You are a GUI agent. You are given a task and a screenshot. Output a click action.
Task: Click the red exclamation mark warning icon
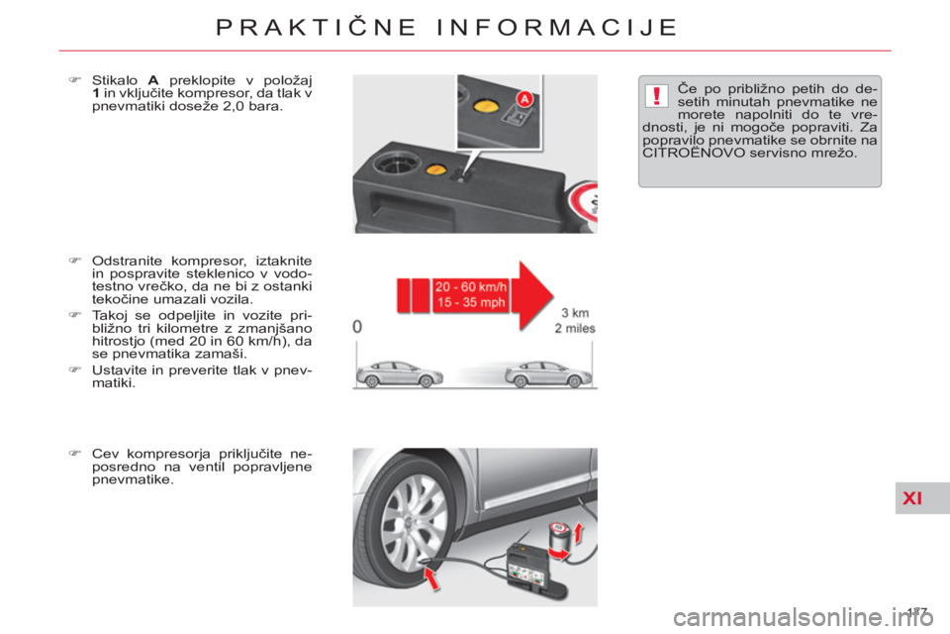(x=655, y=96)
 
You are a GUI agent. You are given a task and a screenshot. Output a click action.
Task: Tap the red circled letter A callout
(x=524, y=99)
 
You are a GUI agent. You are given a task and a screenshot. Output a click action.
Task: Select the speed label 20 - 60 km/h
(x=471, y=287)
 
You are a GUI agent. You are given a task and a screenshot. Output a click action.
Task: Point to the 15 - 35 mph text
(x=471, y=302)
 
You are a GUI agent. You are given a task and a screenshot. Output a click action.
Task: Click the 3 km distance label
(x=575, y=313)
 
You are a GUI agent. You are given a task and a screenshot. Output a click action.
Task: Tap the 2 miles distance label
(x=575, y=328)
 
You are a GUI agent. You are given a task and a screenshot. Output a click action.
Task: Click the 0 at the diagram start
(x=357, y=327)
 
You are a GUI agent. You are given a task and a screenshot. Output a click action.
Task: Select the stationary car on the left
(x=399, y=373)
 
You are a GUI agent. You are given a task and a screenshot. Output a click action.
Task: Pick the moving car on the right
(x=548, y=373)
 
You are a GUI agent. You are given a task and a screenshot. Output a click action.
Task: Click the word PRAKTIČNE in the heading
(x=317, y=28)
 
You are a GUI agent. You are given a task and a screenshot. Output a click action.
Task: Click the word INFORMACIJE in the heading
(x=557, y=28)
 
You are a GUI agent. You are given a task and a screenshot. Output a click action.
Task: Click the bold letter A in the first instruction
(x=153, y=80)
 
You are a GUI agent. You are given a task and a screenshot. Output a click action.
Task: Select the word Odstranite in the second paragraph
(x=127, y=261)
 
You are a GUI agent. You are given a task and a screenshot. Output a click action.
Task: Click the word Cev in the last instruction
(x=104, y=454)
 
